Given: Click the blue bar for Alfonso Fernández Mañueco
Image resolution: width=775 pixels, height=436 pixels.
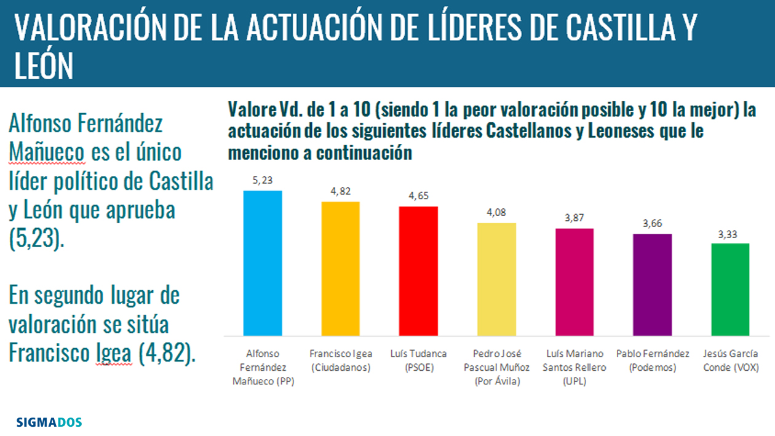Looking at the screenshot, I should [x=263, y=263].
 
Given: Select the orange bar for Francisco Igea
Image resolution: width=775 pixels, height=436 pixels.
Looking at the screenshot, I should [x=341, y=269].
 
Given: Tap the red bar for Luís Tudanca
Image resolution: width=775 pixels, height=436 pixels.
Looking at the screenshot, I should [x=418, y=271].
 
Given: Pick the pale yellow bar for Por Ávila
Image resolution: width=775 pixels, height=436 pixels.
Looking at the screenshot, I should [x=496, y=279].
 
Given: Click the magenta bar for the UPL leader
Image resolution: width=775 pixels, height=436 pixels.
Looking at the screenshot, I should [x=574, y=282].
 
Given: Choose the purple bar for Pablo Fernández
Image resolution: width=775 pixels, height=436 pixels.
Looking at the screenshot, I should [x=652, y=285].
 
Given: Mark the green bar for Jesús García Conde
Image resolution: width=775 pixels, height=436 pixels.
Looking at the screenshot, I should [x=730, y=290].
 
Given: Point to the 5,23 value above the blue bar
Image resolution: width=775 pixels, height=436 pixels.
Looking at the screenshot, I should [x=263, y=180].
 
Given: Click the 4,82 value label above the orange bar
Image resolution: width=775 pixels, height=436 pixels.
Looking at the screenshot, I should [x=341, y=191].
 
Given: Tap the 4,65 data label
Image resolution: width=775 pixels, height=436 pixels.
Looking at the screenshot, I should [x=418, y=196].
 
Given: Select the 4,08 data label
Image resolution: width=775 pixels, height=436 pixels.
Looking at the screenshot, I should [x=496, y=213].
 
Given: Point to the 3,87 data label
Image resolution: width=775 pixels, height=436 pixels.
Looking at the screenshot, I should [x=574, y=218].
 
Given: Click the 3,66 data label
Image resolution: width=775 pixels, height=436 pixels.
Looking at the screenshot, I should [x=652, y=224].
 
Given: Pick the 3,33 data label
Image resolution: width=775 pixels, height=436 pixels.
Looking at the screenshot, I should [x=730, y=233].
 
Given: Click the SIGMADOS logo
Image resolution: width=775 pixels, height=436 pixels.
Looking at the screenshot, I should [x=49, y=422].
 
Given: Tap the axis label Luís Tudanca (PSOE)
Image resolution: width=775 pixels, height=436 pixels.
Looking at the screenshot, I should [x=418, y=360].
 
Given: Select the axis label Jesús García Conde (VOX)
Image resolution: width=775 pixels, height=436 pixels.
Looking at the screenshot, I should [x=730, y=360].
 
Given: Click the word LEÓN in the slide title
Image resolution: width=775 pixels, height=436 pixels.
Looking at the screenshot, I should [x=43, y=65].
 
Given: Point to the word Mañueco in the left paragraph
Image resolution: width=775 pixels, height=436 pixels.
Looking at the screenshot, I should [x=47, y=152].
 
